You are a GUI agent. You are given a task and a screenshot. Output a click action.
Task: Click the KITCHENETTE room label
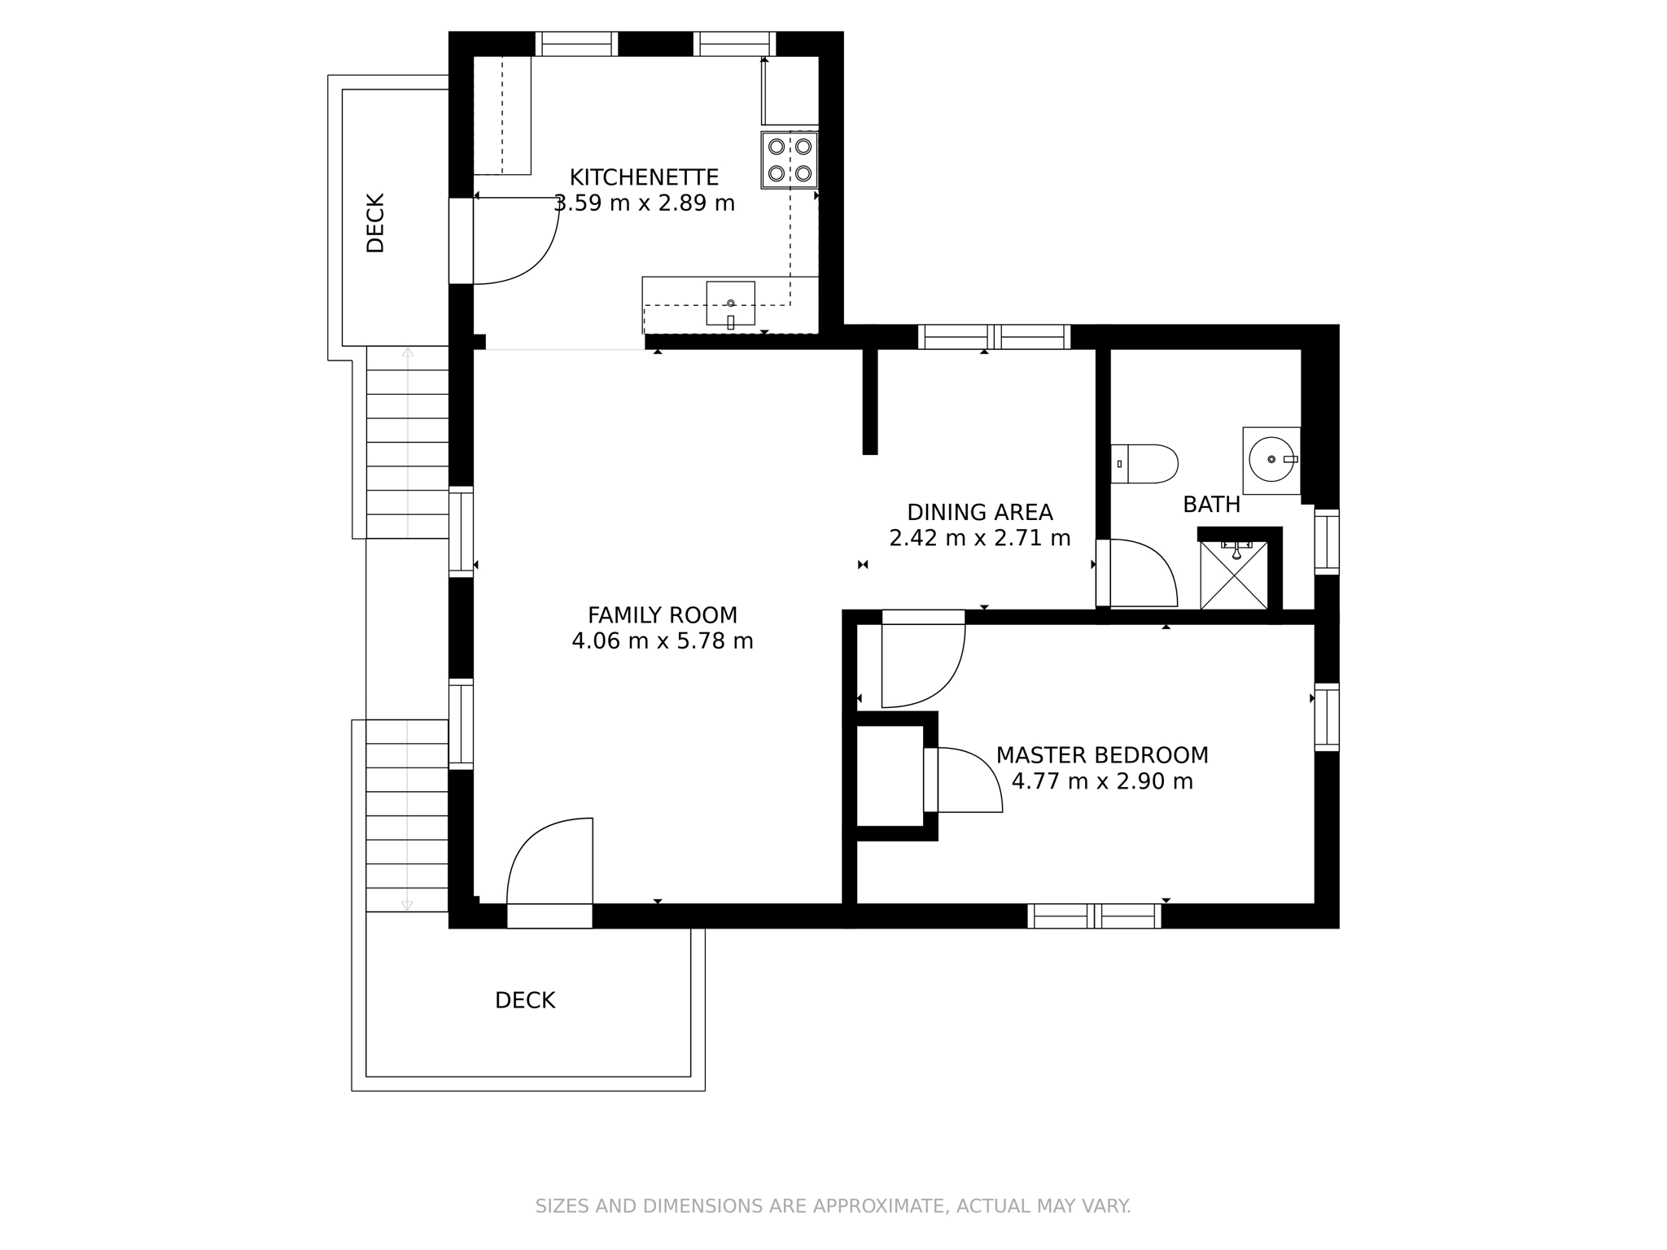pos(643,177)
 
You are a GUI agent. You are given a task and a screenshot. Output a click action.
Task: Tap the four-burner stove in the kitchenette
pos(790,160)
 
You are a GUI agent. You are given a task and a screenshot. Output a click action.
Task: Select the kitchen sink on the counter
pos(730,304)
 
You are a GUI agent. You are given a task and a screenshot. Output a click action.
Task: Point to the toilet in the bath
pos(1144,464)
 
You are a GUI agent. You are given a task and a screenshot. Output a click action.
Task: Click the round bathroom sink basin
pos(1271,460)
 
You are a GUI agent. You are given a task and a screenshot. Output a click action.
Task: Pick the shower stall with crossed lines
pos(1234,575)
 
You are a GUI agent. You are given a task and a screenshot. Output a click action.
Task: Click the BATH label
pos(1211,505)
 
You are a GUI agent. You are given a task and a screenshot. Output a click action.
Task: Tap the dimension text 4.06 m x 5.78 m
pos(662,641)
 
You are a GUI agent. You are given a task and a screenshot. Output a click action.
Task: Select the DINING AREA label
pos(979,512)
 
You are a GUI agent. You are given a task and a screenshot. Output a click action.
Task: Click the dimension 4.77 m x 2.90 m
pos(1101,781)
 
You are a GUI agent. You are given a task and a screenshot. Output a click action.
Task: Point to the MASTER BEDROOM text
pos(1101,755)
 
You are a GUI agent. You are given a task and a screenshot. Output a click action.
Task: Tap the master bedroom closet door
pos(969,780)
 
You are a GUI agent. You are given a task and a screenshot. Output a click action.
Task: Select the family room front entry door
pos(549,867)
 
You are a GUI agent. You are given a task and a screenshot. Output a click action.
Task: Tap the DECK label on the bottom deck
pos(525,1000)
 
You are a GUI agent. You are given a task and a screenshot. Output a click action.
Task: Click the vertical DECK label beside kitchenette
pos(375,223)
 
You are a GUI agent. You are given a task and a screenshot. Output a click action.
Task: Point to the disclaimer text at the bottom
pos(833,1206)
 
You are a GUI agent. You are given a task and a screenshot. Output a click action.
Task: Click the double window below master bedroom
pos(1093,916)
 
